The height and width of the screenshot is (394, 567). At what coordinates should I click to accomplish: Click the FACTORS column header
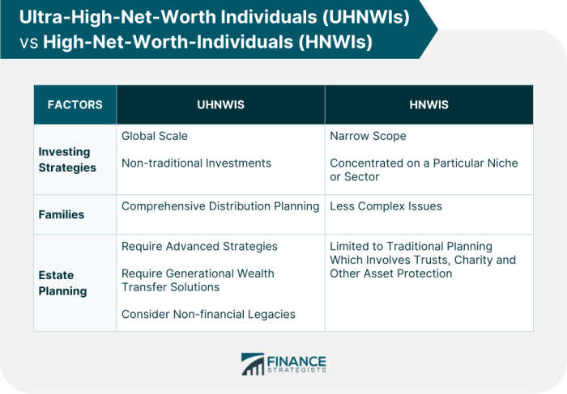click(x=75, y=104)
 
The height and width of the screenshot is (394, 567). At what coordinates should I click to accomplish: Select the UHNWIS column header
click(x=220, y=104)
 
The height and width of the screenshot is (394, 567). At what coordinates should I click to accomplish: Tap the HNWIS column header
click(x=429, y=104)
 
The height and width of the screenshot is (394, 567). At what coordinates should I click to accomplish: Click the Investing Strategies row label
click(x=67, y=159)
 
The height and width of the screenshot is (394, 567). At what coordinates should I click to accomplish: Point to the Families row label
click(x=62, y=215)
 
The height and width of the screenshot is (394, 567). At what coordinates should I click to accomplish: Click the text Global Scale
click(x=154, y=136)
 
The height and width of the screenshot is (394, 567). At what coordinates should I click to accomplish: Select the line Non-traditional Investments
click(x=196, y=163)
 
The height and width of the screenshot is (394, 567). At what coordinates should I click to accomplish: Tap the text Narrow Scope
click(x=368, y=136)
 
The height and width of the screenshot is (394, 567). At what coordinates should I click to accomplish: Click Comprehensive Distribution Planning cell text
click(x=220, y=205)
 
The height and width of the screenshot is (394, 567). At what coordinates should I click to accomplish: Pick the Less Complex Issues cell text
click(x=386, y=205)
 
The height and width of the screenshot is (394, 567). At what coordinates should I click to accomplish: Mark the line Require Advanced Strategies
click(x=199, y=246)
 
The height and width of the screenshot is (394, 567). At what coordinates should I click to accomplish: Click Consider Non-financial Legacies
click(x=208, y=314)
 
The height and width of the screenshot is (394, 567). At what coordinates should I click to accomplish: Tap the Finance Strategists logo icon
click(x=252, y=364)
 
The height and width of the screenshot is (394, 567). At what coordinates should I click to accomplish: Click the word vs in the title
click(x=29, y=42)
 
